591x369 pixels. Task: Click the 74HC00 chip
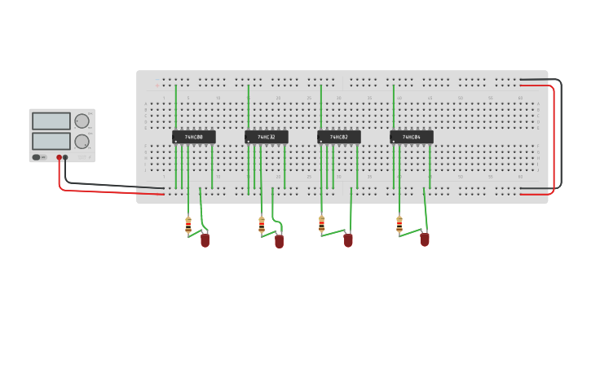coord(193,137)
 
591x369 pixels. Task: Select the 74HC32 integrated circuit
coord(267,137)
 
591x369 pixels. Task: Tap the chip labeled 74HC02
coord(338,137)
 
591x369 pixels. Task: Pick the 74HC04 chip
coord(411,137)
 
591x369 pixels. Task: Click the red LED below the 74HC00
coord(205,239)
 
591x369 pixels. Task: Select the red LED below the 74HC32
coord(279,240)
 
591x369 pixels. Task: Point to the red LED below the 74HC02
coord(348,239)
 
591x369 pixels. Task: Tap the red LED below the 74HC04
coord(425,239)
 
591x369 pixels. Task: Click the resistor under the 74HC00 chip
coord(188,225)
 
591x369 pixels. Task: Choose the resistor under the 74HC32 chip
coord(262,225)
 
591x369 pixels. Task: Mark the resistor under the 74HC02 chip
coord(321,225)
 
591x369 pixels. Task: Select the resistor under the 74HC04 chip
coord(399,224)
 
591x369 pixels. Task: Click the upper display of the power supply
coord(51,121)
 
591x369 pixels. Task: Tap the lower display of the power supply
coord(51,140)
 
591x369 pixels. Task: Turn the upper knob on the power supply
coord(82,121)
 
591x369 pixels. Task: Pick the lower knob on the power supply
coord(82,141)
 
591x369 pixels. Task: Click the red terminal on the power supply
coord(59,157)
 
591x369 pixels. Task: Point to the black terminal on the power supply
coord(66,157)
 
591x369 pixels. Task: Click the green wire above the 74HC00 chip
coord(175,106)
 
